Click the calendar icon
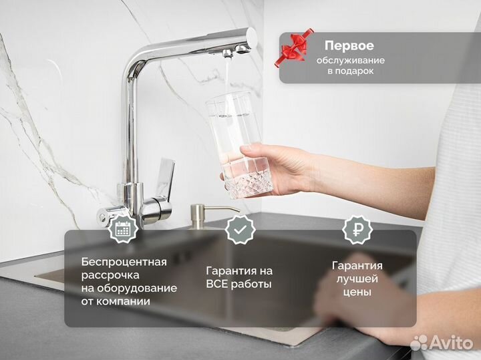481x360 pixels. (122, 229)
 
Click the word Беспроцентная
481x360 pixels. (124, 261)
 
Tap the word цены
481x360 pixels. (355, 292)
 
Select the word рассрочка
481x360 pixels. (110, 275)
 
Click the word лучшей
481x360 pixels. (355, 279)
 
